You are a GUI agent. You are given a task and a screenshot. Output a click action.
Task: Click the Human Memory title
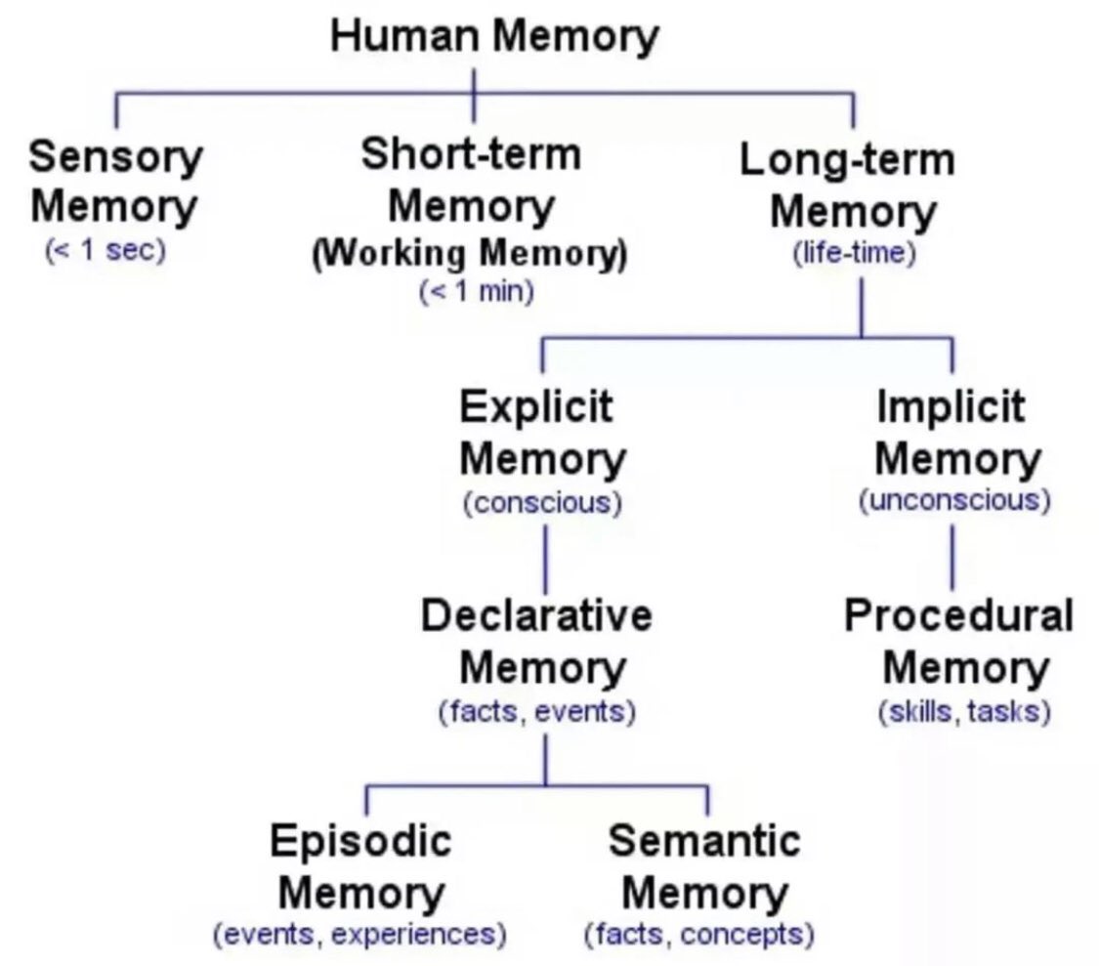(494, 37)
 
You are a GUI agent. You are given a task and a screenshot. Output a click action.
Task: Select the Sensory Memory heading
(115, 181)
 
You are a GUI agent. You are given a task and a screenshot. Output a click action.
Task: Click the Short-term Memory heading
(471, 180)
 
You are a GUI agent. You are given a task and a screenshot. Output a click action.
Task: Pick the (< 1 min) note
(476, 291)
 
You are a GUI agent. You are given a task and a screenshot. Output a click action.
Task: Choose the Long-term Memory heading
(847, 186)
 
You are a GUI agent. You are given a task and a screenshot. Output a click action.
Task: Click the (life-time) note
(855, 254)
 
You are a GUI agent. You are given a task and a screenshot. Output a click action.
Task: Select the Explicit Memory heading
(542, 431)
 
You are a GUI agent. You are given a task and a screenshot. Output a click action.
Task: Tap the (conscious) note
(542, 504)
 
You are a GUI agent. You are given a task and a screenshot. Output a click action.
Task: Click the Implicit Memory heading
(951, 431)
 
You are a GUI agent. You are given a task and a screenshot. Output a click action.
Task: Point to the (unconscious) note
(954, 501)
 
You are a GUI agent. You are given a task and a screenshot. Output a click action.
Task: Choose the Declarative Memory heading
(537, 642)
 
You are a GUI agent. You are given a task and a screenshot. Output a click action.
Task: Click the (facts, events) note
(537, 712)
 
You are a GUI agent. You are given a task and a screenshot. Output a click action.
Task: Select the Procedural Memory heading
(958, 642)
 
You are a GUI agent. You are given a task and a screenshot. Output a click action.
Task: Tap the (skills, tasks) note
(964, 712)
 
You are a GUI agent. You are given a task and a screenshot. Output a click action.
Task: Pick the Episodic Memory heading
(362, 866)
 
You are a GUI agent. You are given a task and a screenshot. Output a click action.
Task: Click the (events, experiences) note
(359, 935)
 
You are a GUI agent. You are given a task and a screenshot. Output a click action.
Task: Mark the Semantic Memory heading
(704, 866)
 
